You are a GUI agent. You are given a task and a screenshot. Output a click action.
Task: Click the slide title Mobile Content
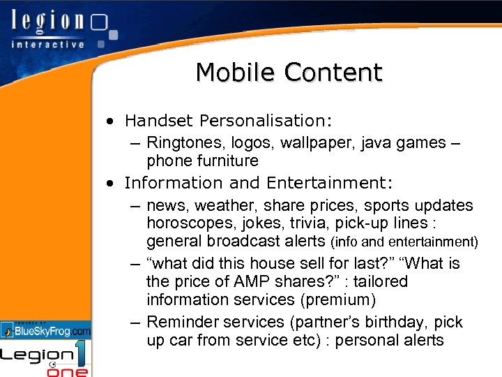(x=289, y=73)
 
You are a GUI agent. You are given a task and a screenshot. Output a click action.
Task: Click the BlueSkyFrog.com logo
(x=46, y=330)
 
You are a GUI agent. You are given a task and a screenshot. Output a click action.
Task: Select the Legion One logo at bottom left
(x=46, y=359)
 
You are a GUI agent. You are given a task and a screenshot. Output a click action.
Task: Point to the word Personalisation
(x=266, y=121)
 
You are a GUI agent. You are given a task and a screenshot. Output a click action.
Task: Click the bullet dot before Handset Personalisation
(x=111, y=121)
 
